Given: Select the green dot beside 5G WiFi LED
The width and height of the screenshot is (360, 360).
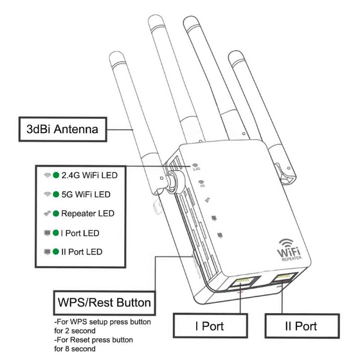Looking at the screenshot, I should [56, 194].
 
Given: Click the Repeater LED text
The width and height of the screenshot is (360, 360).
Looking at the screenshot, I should [88, 213].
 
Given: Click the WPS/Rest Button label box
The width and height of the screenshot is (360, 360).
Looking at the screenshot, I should [103, 302].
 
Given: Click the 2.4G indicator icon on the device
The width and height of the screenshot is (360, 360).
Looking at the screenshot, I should [196, 167].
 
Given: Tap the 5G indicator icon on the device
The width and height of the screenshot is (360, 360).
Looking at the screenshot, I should [202, 183].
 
